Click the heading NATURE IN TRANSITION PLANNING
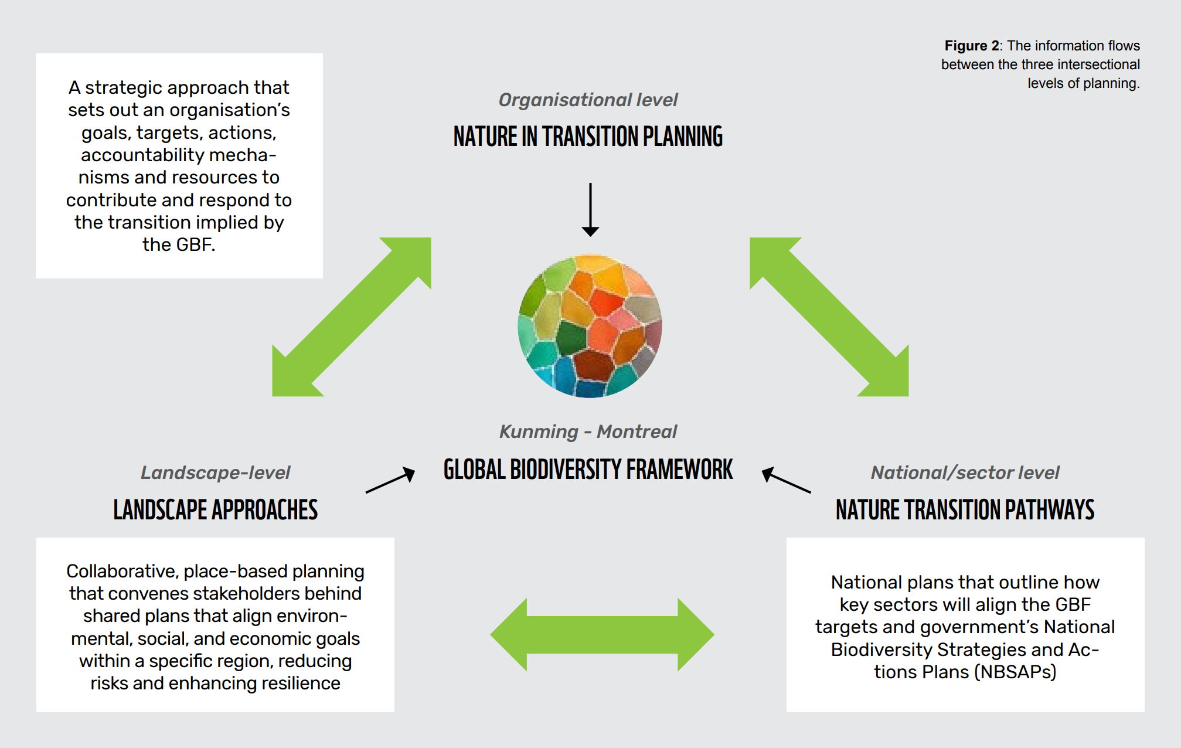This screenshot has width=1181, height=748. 588,137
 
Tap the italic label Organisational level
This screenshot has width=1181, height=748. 588,100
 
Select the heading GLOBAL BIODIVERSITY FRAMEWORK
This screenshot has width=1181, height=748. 588,470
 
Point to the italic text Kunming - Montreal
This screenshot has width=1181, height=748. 588,432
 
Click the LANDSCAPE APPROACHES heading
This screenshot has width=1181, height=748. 216,509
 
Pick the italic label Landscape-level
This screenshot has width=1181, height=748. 216,472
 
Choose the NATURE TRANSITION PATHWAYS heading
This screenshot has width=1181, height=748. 965,509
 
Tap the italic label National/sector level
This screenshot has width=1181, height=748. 965,472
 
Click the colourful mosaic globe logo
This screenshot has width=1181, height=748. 590,326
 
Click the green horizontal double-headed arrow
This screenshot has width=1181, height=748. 602,634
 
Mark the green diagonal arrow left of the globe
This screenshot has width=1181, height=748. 352,317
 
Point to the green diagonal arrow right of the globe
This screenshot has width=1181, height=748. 829,317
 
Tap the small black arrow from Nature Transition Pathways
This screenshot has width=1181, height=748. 786,480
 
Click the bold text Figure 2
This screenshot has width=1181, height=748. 971,46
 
